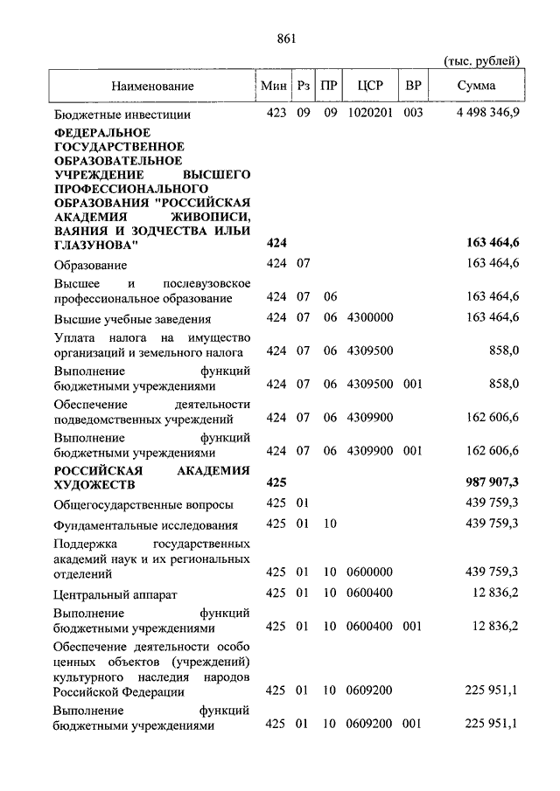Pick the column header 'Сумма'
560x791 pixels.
[476, 86]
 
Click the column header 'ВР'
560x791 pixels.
[413, 86]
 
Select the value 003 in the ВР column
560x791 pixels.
[413, 114]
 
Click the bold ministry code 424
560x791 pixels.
[276, 246]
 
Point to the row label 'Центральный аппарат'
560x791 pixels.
[115, 594]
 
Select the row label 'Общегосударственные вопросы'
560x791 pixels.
[143, 504]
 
